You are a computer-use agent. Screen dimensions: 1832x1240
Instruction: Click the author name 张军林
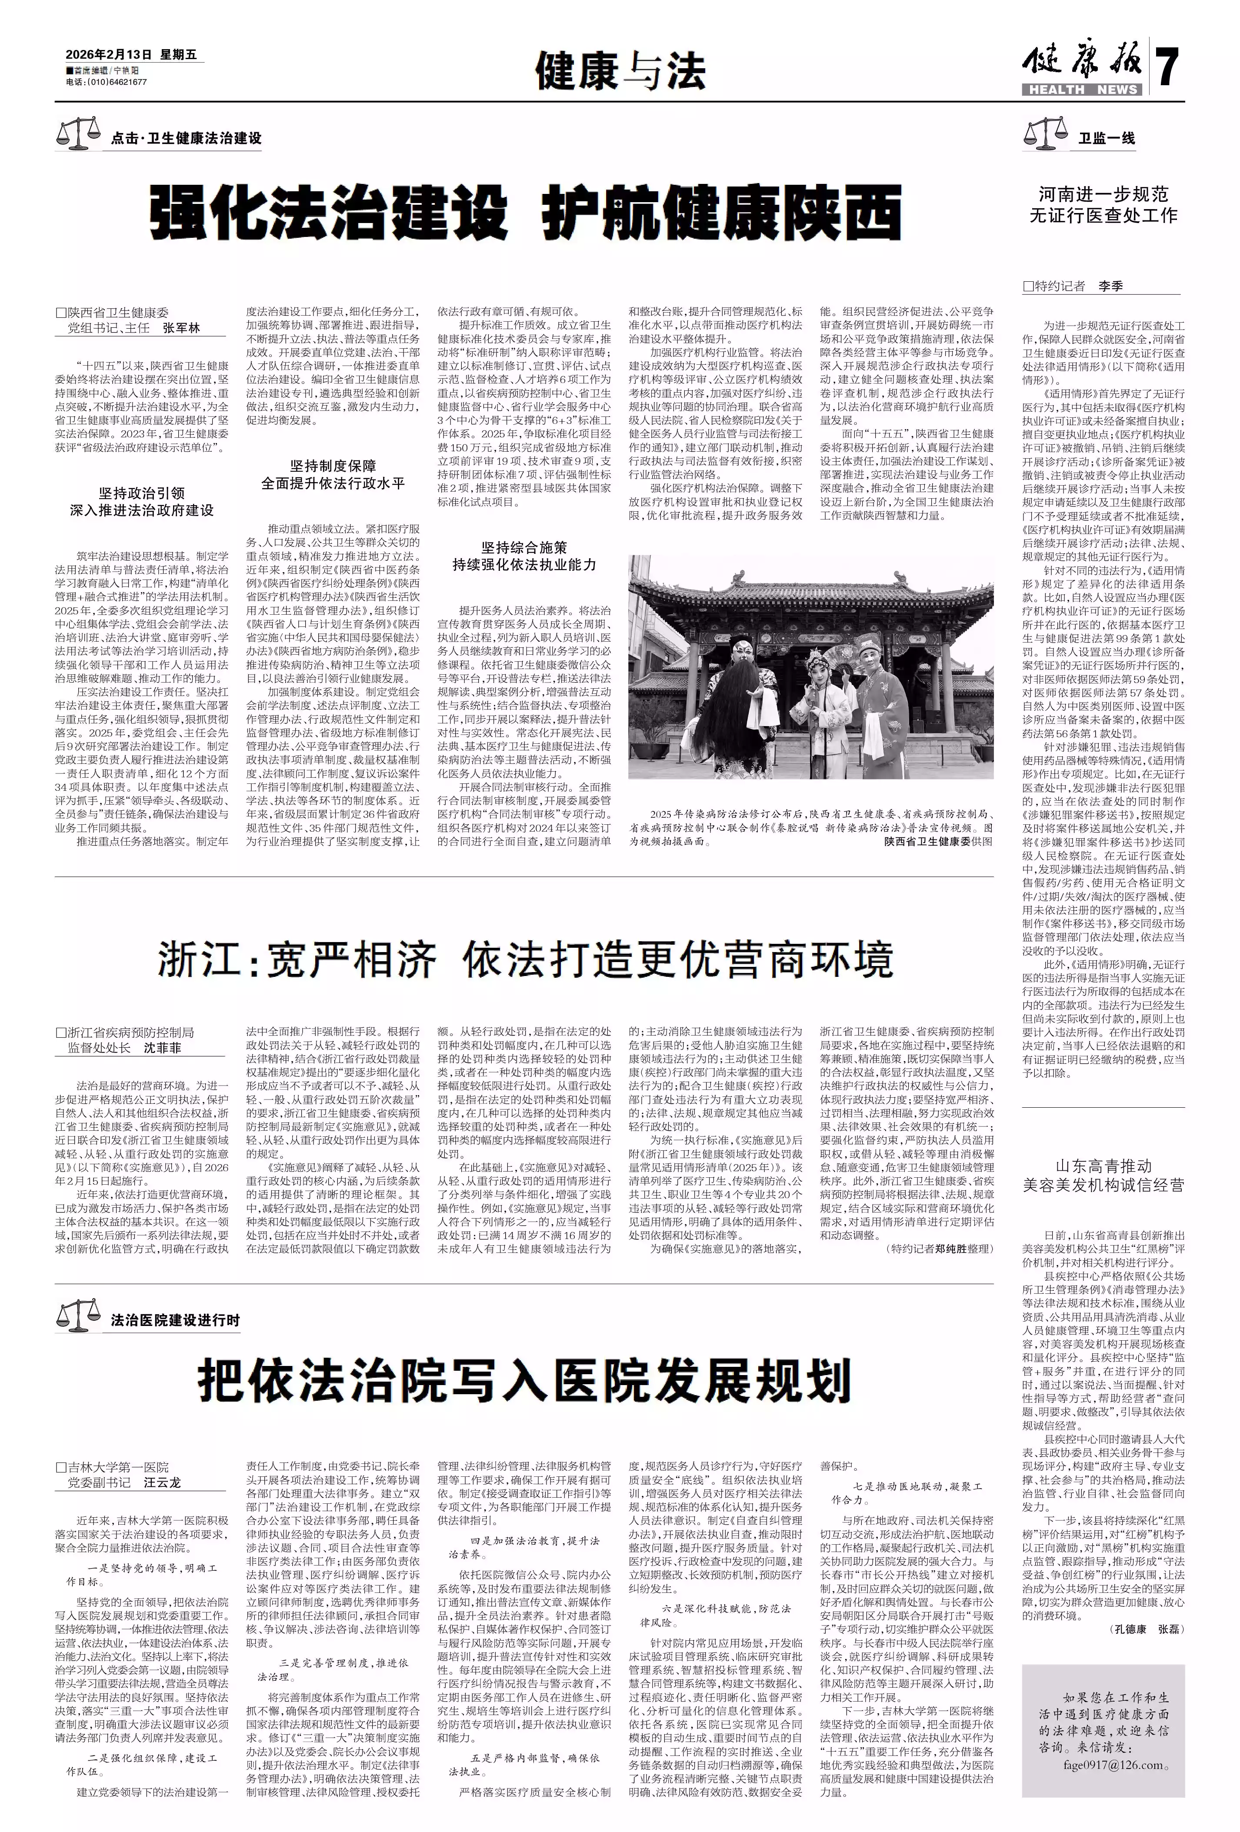[182, 328]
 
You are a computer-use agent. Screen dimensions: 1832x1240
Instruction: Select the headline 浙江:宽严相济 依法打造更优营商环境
[525, 959]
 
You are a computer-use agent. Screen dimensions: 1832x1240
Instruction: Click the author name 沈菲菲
[162, 1049]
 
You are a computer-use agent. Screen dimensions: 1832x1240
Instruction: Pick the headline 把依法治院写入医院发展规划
[525, 1380]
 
